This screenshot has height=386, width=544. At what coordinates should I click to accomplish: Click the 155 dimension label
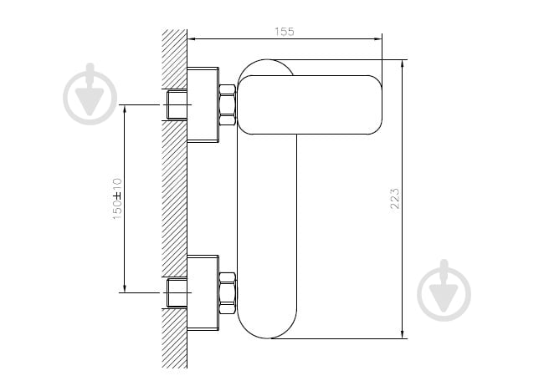[x=285, y=32]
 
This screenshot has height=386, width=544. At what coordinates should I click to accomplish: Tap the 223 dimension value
[x=395, y=199]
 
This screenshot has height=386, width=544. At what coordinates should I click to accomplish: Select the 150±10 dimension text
[x=117, y=199]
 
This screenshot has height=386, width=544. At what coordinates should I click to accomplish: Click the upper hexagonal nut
[x=228, y=104]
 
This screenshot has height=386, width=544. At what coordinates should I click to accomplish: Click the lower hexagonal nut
[x=228, y=293]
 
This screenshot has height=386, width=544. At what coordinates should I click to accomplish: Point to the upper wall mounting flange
[x=203, y=104]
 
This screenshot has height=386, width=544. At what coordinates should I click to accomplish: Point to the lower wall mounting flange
[x=203, y=292]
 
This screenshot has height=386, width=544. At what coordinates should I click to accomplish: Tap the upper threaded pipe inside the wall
[x=177, y=104]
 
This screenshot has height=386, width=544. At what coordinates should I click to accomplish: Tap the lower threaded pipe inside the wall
[x=177, y=292]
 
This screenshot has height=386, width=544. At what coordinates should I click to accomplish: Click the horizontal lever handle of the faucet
[x=310, y=104]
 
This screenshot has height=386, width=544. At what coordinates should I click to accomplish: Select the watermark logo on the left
[x=90, y=94]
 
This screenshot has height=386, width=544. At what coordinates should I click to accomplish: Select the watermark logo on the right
[x=444, y=291]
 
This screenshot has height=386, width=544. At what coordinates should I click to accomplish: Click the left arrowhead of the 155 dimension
[x=191, y=38]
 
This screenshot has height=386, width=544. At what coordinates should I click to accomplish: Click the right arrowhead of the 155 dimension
[x=378, y=38]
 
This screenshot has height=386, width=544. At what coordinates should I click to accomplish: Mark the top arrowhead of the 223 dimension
[x=403, y=63]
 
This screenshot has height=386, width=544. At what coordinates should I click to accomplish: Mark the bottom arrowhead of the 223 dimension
[x=403, y=334]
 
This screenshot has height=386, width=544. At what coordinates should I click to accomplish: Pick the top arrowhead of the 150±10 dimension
[x=125, y=109]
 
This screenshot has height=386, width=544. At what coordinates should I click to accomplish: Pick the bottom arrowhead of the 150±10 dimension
[x=125, y=288]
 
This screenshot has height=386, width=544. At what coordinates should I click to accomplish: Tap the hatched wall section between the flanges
[x=175, y=199]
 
